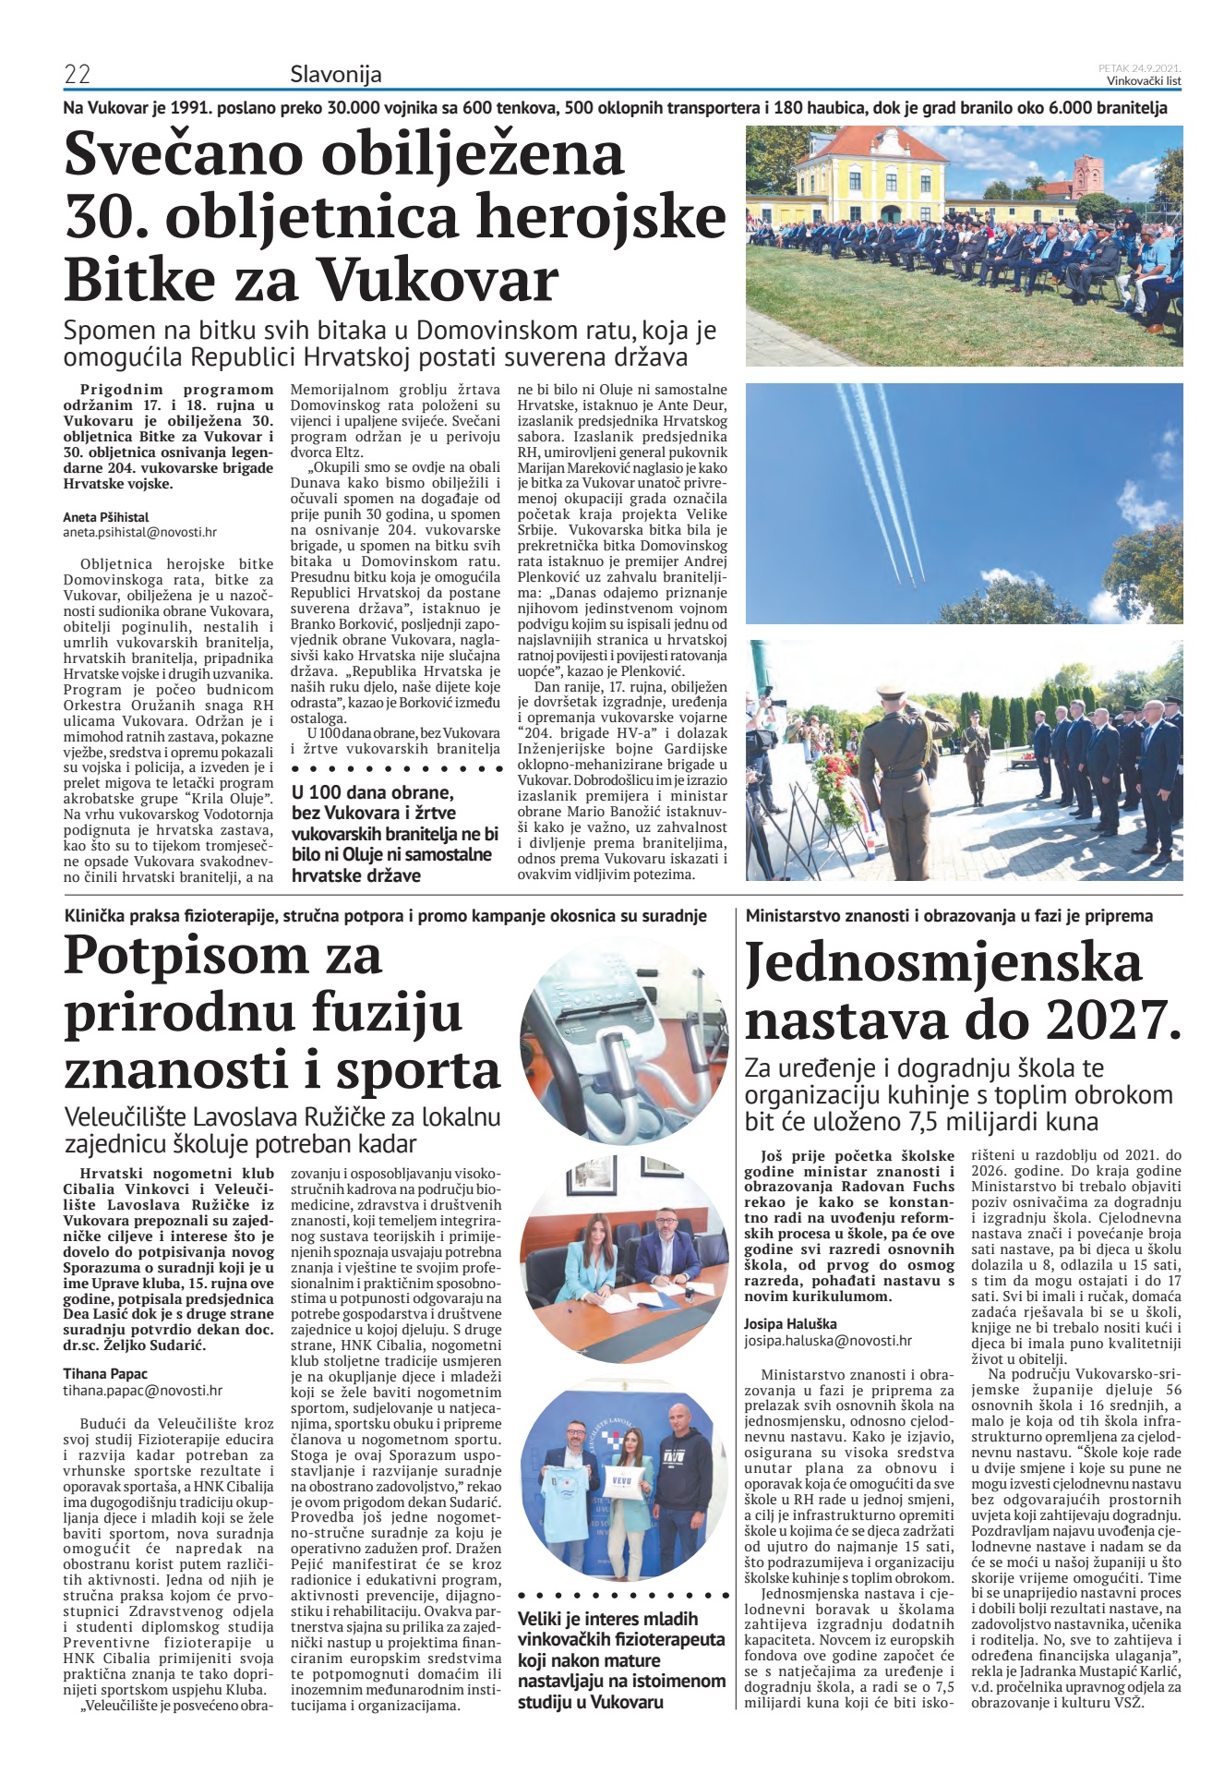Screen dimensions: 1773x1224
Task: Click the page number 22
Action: (x=77, y=74)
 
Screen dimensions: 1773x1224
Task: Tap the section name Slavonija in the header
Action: (x=335, y=74)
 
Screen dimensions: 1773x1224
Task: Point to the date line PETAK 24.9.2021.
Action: (x=1139, y=68)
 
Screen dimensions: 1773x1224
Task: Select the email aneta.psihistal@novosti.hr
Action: (x=139, y=533)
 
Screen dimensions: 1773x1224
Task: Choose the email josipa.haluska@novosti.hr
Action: (x=828, y=1340)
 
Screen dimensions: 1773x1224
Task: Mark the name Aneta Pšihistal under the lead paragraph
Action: (x=106, y=517)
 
